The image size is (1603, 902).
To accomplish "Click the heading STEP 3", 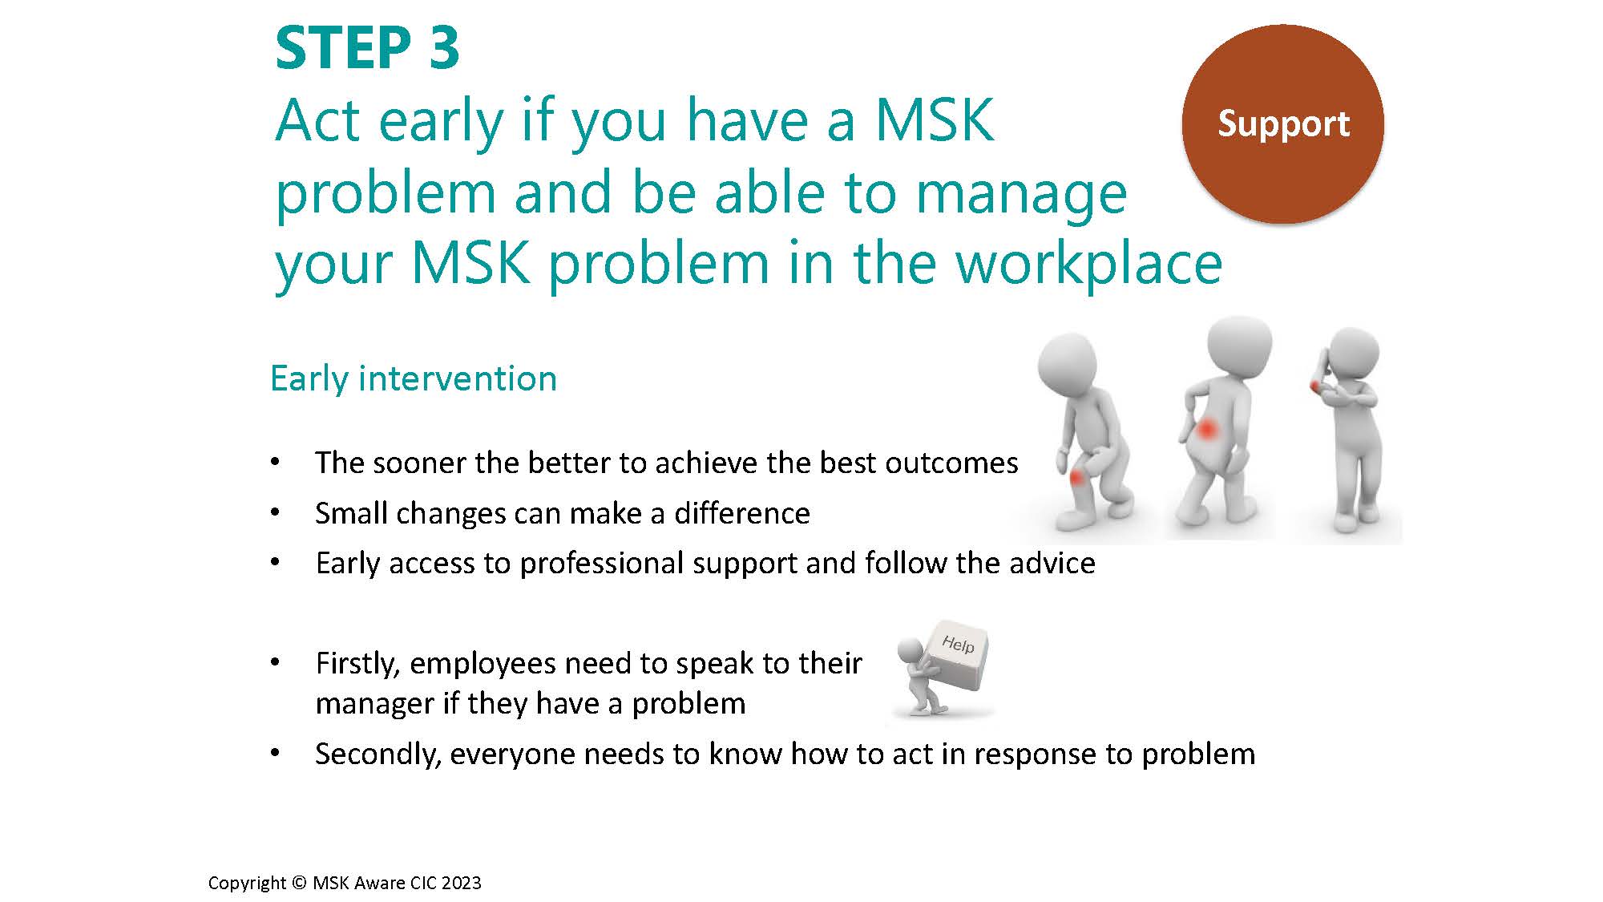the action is (367, 48).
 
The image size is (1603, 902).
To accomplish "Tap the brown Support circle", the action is (1282, 123).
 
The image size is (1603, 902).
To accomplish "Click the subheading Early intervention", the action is (414, 378).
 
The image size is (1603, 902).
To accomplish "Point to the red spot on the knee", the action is (1078, 478).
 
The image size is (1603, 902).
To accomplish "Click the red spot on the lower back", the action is (1207, 430).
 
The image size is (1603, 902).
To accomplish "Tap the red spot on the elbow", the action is (1315, 386).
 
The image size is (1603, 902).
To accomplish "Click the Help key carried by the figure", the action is (955, 654).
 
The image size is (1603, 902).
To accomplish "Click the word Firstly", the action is (357, 664).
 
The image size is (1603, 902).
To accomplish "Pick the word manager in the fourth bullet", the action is (375, 704).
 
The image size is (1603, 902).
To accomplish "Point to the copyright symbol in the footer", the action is (299, 883).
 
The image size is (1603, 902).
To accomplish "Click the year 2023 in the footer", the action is (461, 883).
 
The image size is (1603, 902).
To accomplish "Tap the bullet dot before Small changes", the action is (275, 513).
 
